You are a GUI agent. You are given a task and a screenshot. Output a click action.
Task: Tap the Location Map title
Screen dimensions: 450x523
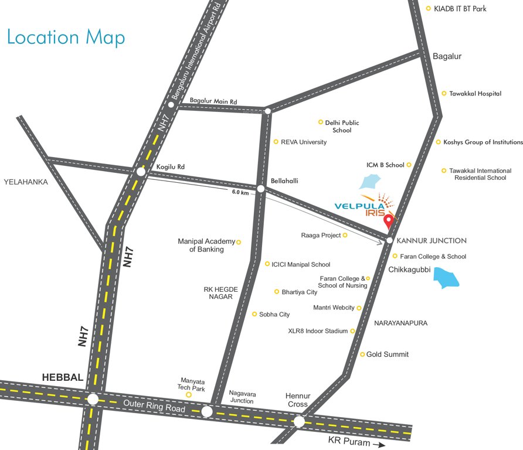pos(66,37)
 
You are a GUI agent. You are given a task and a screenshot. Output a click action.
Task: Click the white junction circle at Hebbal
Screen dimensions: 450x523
pos(93,400)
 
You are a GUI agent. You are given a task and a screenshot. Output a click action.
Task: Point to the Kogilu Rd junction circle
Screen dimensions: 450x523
pos(140,172)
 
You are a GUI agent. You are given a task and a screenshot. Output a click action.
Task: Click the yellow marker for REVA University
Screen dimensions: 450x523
pos(276,142)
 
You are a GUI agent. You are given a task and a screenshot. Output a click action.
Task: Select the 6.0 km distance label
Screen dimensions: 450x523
pos(240,192)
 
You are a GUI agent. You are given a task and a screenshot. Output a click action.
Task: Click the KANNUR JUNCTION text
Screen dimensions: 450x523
pos(432,241)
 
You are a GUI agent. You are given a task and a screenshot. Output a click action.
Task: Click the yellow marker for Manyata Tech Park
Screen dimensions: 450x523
pos(189,395)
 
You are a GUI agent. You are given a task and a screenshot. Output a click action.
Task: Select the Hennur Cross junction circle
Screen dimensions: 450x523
pos(299,421)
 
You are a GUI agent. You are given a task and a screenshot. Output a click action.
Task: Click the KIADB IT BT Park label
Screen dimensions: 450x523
pos(460,9)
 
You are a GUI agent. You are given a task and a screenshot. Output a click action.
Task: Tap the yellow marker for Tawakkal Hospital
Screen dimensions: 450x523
pos(444,93)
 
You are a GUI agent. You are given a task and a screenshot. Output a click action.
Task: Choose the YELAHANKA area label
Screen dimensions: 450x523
pos(26,182)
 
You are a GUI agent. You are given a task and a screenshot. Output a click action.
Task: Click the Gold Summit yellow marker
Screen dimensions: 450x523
pos(362,354)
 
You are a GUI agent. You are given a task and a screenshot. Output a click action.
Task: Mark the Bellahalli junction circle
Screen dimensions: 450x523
pos(261,189)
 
